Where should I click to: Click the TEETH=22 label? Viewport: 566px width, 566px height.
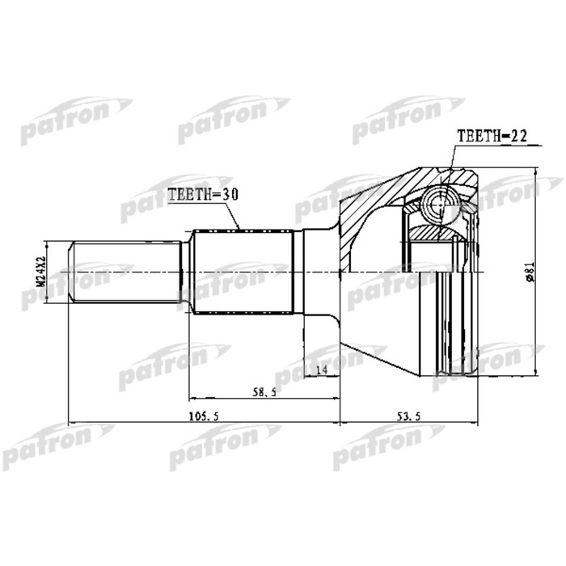click(492, 137)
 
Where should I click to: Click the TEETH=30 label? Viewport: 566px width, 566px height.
click(205, 195)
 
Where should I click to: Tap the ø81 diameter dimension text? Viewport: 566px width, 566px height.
click(529, 272)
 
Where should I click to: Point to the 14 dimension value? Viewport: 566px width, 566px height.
click(321, 370)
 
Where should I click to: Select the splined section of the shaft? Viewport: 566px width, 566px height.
click(243, 272)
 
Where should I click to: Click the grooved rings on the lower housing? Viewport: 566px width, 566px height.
click(453, 323)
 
